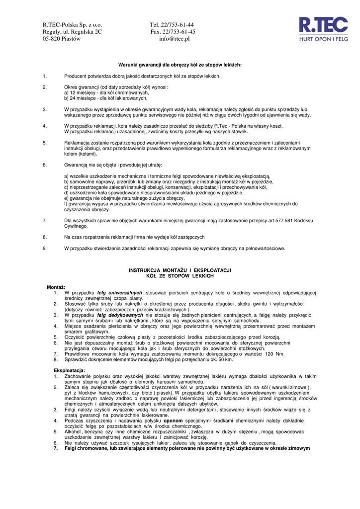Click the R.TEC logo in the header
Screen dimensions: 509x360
click(x=323, y=29)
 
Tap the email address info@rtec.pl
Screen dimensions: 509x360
click(x=175, y=39)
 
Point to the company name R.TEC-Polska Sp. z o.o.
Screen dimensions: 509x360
click(x=72, y=25)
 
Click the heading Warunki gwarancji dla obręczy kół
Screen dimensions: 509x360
click(x=180, y=65)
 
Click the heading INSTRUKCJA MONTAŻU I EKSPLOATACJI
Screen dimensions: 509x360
click(x=180, y=270)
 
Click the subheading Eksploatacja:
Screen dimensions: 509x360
click(x=69, y=370)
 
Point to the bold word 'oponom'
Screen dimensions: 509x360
click(x=174, y=421)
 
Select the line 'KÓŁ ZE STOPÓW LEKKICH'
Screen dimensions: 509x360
click(x=180, y=275)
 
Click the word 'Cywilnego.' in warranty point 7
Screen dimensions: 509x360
click(x=76, y=226)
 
